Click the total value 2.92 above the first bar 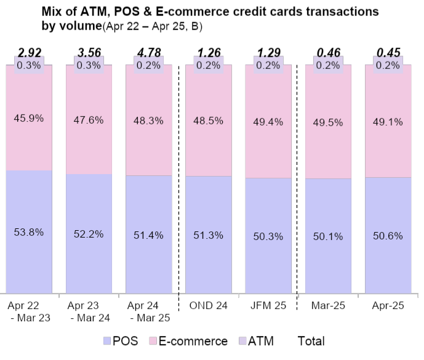(x=29, y=52)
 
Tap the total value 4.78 (x=148, y=52)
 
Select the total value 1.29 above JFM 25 (x=268, y=52)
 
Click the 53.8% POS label (x=29, y=232)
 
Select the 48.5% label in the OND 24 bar (x=208, y=121)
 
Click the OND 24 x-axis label (x=208, y=305)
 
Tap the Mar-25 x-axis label (x=328, y=305)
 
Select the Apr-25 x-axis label (x=388, y=305)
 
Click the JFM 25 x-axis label (x=268, y=305)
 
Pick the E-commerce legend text (x=193, y=341)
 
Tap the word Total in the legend (x=311, y=341)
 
